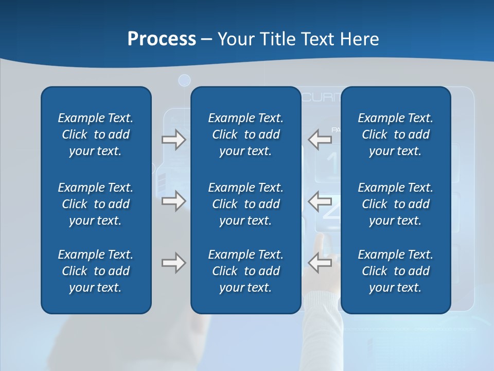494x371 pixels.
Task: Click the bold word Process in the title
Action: tap(162, 39)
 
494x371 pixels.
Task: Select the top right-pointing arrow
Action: tap(173, 140)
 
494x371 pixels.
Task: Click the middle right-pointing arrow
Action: tap(173, 201)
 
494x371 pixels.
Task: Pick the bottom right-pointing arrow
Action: tap(173, 263)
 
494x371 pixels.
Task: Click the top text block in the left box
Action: tap(96, 134)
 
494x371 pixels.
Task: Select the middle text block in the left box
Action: tap(96, 204)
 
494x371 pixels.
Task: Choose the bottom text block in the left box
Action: tap(96, 271)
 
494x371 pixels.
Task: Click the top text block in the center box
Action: tap(245, 134)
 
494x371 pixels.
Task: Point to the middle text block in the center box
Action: tap(245, 204)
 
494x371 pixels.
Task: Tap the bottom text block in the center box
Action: tap(245, 271)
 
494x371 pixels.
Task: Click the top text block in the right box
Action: tap(395, 134)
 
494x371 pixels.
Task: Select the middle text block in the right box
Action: tap(395, 204)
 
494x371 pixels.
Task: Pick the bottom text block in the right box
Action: tap(395, 271)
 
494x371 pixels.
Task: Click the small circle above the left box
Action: tap(184, 80)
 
